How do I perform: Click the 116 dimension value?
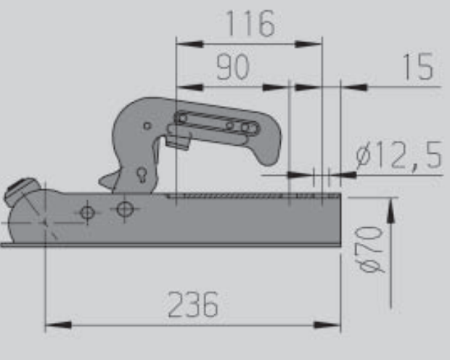(x=250, y=24)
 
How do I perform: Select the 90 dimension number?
(x=232, y=67)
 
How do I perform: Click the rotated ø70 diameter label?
(x=371, y=249)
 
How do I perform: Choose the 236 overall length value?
(x=193, y=305)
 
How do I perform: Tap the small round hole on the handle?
(x=147, y=126)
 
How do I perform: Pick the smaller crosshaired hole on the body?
(x=88, y=213)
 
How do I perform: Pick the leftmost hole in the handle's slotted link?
(x=181, y=118)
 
